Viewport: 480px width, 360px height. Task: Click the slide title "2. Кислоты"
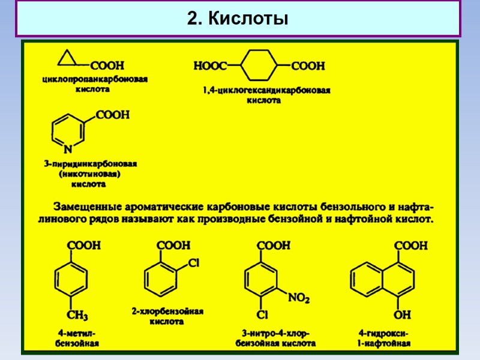click(x=238, y=19)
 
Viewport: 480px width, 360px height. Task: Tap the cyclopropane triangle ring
click(x=68, y=59)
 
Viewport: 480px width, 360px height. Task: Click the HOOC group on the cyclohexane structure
click(x=210, y=64)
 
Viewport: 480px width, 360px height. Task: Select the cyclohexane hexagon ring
click(x=259, y=64)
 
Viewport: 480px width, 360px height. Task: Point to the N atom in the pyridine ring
click(x=68, y=148)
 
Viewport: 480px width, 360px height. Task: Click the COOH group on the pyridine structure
click(x=112, y=114)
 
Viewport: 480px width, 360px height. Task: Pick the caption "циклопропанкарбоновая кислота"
click(x=95, y=83)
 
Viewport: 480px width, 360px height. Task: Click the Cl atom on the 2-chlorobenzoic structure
click(x=193, y=263)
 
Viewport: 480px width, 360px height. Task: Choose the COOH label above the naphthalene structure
click(x=410, y=245)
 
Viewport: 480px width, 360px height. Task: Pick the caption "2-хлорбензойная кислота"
click(x=168, y=316)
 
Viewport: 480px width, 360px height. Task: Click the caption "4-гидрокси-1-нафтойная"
click(x=384, y=338)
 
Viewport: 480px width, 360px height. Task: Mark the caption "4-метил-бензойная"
click(x=77, y=338)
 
